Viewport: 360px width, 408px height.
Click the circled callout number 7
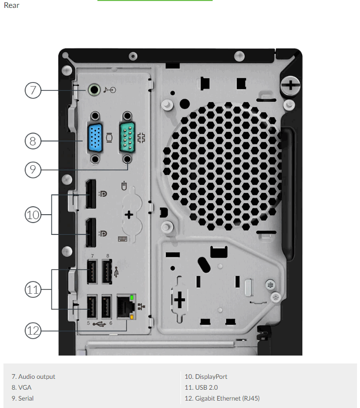coord(33,91)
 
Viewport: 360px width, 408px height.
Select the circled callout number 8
coord(33,141)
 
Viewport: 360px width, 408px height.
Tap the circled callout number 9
coord(33,170)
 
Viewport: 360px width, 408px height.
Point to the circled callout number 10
coord(33,215)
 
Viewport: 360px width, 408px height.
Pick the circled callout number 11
coord(33,289)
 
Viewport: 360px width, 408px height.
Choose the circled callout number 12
coord(33,331)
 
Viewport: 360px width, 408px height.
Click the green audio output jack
coord(94,90)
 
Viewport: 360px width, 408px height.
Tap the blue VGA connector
coord(95,137)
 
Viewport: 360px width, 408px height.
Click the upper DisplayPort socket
coord(91,194)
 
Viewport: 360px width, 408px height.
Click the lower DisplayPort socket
coord(91,232)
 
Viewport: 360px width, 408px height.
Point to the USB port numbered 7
coord(92,272)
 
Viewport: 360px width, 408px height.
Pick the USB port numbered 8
coord(107,272)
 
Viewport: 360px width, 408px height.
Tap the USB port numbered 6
coord(106,307)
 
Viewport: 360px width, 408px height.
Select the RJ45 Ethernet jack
coord(126,307)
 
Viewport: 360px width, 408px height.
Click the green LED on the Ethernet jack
coord(132,297)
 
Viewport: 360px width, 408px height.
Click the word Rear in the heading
coord(11,5)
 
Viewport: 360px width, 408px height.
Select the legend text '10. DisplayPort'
coord(206,376)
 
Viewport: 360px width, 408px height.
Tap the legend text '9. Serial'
coord(22,399)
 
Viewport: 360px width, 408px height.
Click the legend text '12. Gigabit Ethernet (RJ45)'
coord(222,399)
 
